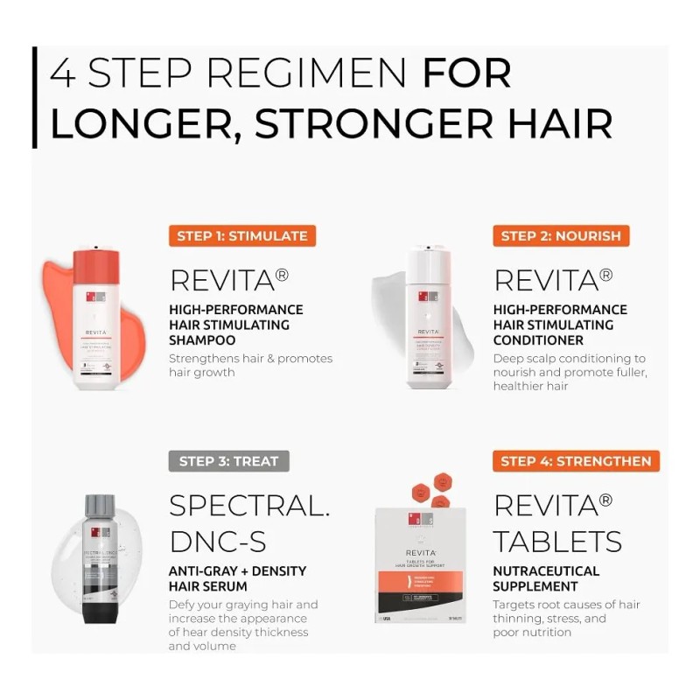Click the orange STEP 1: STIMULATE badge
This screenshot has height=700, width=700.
tap(242, 235)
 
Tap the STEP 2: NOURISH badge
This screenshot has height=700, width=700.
tap(561, 235)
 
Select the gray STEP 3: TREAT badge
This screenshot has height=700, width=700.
tap(228, 461)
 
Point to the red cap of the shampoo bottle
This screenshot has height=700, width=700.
tap(96, 262)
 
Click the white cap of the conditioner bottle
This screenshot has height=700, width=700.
tap(428, 262)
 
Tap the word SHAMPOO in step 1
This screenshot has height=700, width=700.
tap(202, 339)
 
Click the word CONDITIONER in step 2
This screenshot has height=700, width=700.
tap(538, 339)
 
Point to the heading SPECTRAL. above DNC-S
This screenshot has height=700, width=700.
tap(249, 506)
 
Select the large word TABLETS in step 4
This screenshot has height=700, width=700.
tap(557, 541)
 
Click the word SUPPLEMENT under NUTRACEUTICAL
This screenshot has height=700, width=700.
tap(535, 586)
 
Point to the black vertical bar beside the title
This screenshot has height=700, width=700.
tap(34, 97)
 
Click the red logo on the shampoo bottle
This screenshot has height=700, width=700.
tap(96, 297)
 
